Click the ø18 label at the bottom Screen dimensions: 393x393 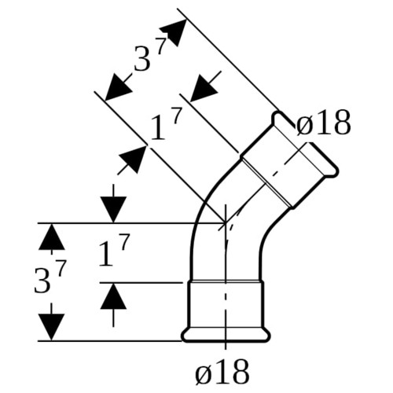[222, 372]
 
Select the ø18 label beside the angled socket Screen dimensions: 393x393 [323, 123]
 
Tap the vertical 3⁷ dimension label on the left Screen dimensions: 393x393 [50, 277]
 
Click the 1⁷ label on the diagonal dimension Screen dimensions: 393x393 [166, 125]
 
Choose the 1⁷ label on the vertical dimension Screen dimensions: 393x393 [114, 250]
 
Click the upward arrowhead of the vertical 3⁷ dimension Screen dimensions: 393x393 [51, 237]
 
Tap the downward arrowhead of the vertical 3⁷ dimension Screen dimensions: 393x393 [51, 327]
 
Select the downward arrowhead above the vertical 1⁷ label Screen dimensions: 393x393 [113, 210]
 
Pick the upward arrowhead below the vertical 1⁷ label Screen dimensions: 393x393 [113, 296]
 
